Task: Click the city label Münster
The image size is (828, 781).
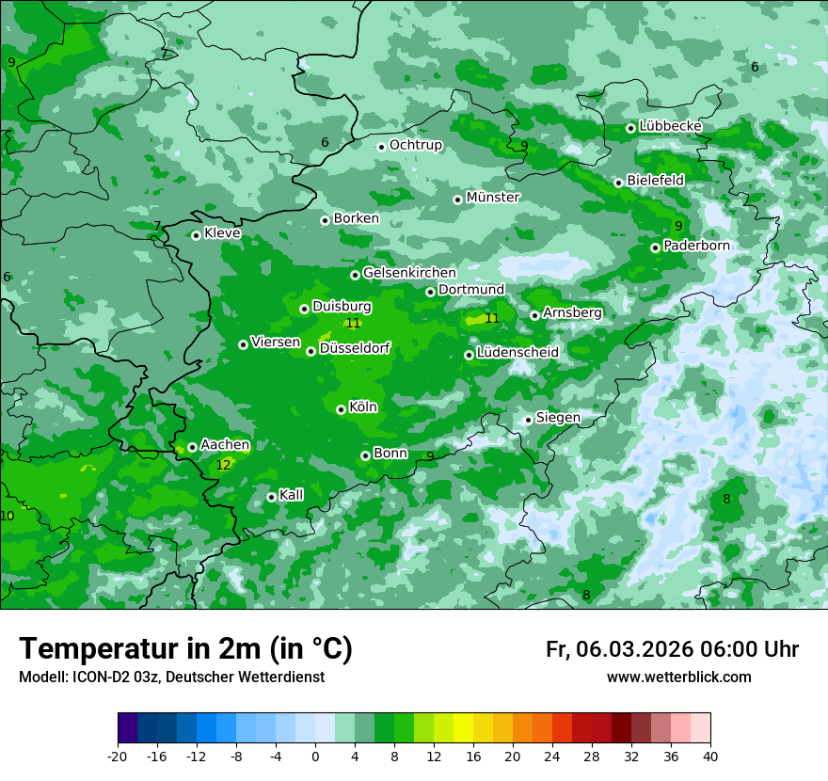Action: (x=492, y=198)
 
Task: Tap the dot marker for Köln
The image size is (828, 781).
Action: (x=341, y=409)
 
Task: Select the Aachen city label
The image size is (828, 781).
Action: (x=225, y=445)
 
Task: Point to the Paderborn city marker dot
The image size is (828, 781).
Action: (x=655, y=247)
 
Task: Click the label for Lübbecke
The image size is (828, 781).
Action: (x=670, y=126)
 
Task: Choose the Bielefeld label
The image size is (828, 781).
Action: (x=655, y=180)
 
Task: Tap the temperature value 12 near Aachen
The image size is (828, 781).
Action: (x=223, y=465)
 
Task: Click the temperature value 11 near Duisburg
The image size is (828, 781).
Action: (x=353, y=323)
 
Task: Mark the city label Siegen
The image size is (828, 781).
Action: (x=558, y=418)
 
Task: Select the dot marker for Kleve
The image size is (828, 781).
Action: (x=196, y=235)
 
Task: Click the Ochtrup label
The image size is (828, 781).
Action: (x=415, y=145)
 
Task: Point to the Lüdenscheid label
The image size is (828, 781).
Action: (x=517, y=353)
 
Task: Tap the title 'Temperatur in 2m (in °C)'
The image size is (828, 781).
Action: (x=185, y=649)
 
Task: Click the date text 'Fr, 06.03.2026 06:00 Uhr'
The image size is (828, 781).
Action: (x=672, y=650)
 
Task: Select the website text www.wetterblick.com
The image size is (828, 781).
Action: (x=678, y=677)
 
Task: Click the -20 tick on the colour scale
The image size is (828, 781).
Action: (x=118, y=756)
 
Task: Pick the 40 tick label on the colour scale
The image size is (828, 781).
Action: (x=709, y=756)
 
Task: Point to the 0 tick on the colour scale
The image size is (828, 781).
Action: (x=315, y=756)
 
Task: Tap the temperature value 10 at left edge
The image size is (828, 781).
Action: (x=8, y=516)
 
